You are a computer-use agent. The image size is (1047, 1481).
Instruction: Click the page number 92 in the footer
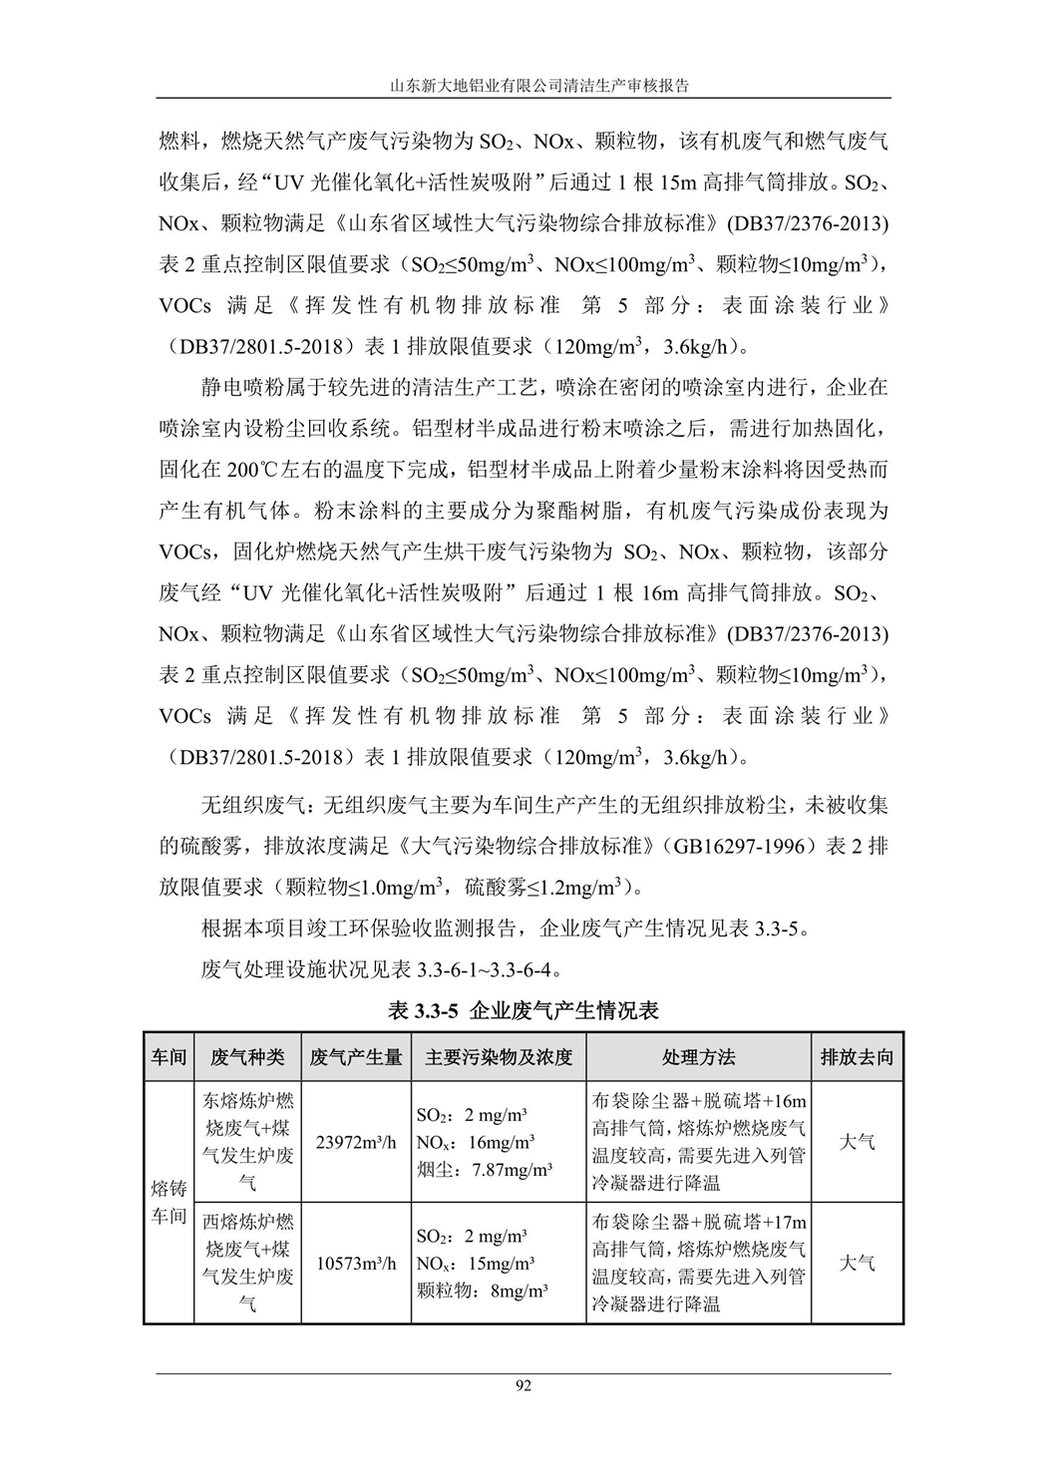click(x=523, y=1386)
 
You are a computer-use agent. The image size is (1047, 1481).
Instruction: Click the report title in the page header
click(x=523, y=86)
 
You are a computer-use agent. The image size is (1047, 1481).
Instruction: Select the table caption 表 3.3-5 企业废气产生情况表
click(x=523, y=1010)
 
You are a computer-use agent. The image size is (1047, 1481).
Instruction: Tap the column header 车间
click(x=169, y=1057)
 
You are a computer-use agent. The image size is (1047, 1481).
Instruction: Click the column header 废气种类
click(x=248, y=1057)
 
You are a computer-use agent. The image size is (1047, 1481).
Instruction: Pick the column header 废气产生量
click(x=356, y=1057)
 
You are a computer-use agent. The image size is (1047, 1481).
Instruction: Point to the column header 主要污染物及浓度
click(x=499, y=1057)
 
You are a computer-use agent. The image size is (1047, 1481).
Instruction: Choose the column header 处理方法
click(x=698, y=1057)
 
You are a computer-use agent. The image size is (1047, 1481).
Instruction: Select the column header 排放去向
click(x=857, y=1057)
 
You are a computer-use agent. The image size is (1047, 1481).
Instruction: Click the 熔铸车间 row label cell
click(x=169, y=1202)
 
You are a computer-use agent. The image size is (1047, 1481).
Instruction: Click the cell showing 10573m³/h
click(x=356, y=1263)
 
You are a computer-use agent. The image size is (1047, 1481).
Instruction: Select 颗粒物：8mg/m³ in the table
click(x=482, y=1290)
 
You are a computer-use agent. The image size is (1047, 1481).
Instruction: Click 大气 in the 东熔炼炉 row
click(x=857, y=1142)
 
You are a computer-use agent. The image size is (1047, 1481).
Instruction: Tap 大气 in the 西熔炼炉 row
click(x=857, y=1263)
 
